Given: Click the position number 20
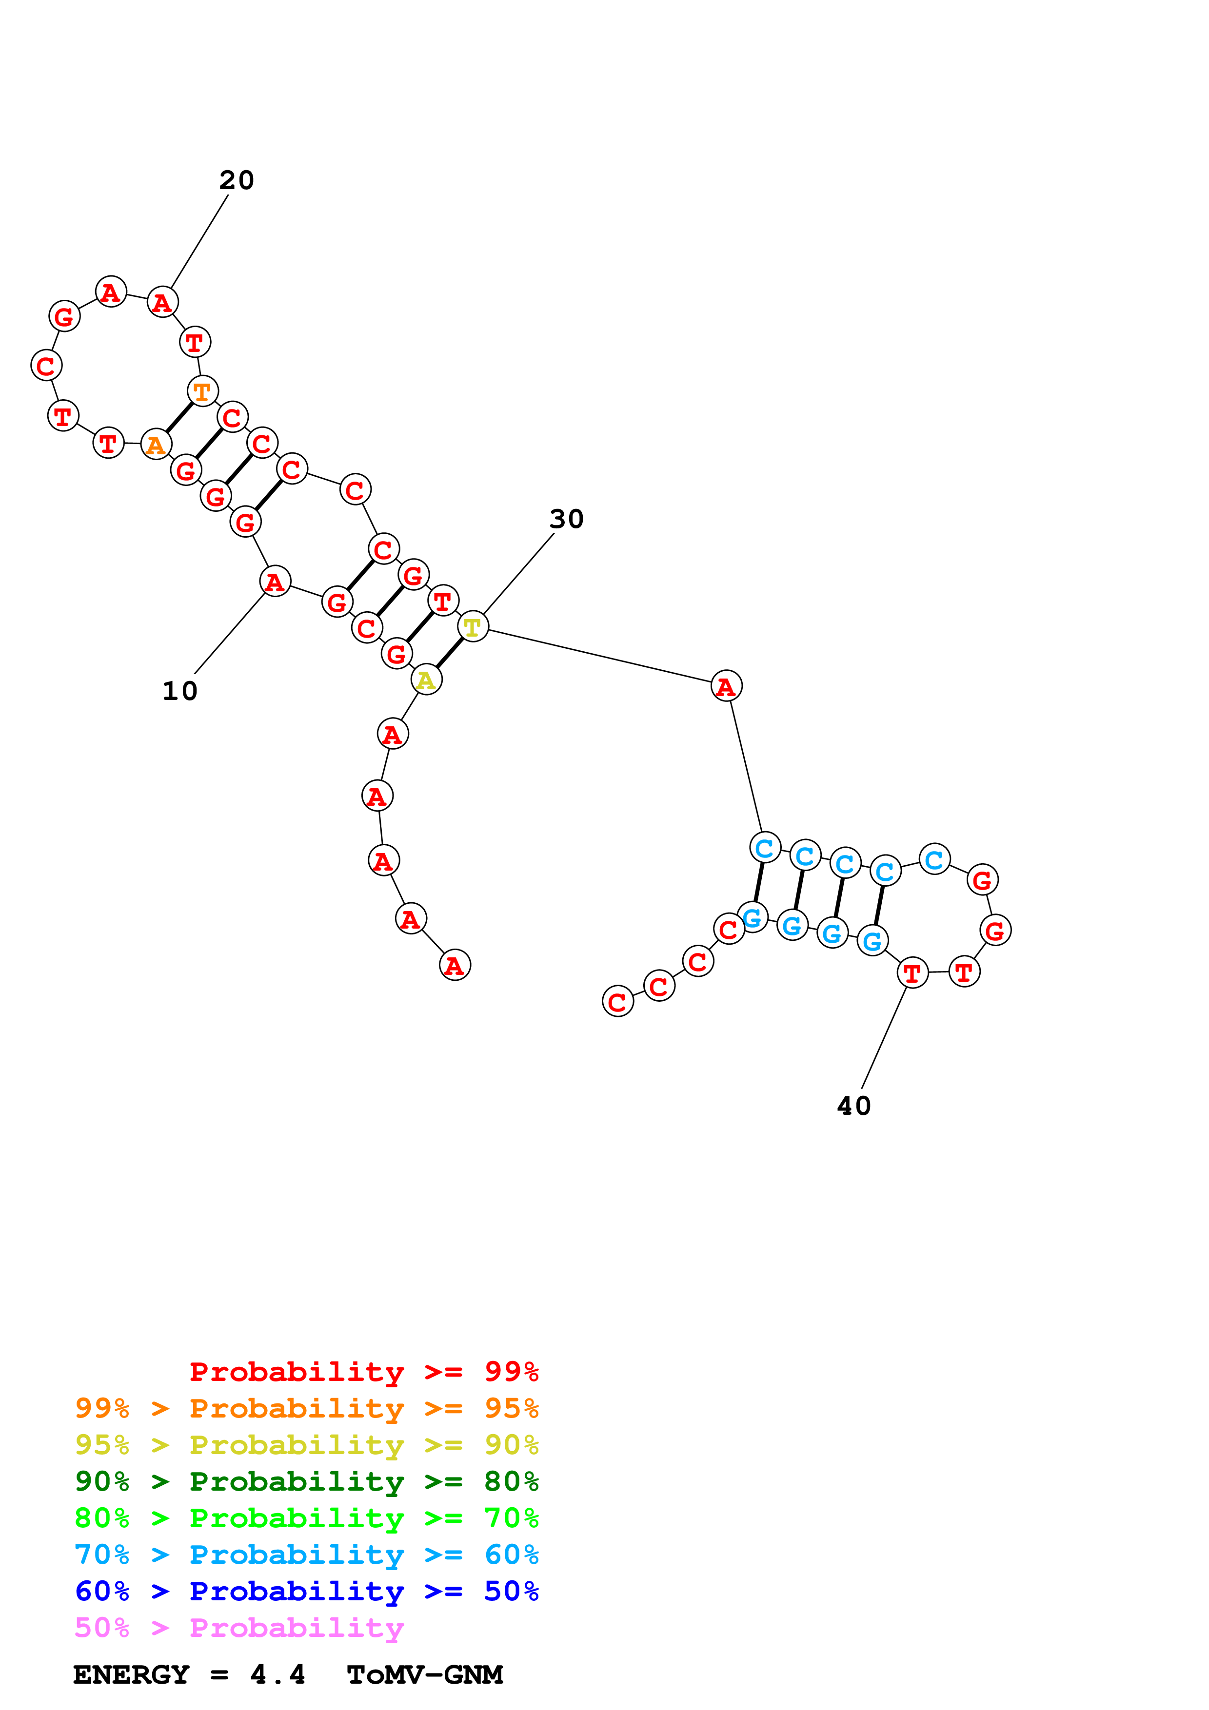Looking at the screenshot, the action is coord(237,180).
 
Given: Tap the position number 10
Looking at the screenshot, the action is coord(180,691).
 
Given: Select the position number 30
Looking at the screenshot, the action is coord(566,519).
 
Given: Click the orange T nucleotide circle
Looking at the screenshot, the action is coord(202,391).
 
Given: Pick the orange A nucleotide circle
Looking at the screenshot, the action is coord(156,445).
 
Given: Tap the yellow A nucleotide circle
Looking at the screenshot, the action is coord(426,679).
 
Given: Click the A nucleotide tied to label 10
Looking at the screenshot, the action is coord(275,581).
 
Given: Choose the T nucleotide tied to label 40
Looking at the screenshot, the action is coord(912,972).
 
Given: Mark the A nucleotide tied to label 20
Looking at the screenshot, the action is coord(162,302).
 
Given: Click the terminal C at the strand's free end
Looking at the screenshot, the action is coord(617,1002).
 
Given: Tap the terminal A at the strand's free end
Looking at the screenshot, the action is coord(455,965).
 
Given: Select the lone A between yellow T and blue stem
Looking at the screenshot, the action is coord(726,686).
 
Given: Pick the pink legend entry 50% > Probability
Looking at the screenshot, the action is coord(239,1628).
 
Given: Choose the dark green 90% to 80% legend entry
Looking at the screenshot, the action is coord(306,1481).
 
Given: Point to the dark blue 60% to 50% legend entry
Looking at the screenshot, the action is coord(306,1591).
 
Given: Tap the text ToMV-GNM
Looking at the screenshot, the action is coord(425,1675).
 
